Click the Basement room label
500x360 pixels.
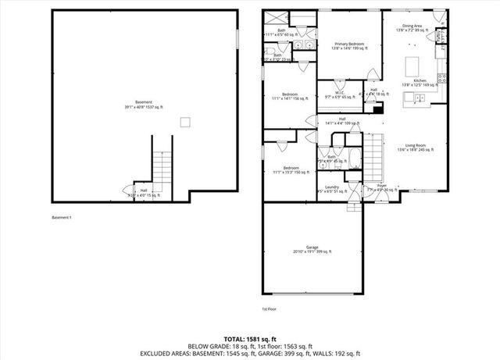click(x=143, y=104)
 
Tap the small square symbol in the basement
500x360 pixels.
click(x=185, y=121)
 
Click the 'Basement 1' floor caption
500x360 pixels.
click(x=62, y=216)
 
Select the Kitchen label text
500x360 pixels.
click(x=420, y=83)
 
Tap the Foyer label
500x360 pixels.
click(x=382, y=188)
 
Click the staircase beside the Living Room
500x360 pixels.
click(x=377, y=156)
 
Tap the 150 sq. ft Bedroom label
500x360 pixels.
click(x=291, y=170)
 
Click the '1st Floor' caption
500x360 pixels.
click(x=269, y=310)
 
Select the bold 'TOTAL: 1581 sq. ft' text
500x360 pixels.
click(x=249, y=332)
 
